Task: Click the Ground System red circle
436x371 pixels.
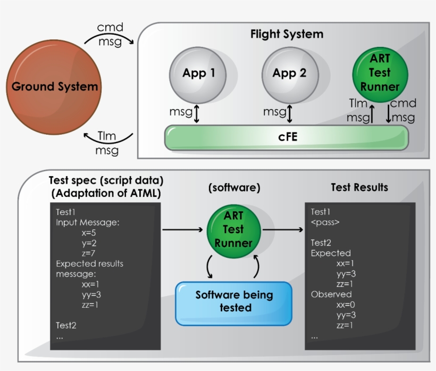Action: [55, 87]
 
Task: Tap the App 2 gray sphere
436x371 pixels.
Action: [289, 73]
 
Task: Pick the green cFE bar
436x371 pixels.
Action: [287, 137]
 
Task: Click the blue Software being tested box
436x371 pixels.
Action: [234, 302]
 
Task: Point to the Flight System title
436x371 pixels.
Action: [287, 35]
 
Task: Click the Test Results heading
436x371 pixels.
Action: [359, 187]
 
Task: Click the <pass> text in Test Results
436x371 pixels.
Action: [325, 222]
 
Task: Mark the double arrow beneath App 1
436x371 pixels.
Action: [197, 113]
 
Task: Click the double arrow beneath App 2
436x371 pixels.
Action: [289, 113]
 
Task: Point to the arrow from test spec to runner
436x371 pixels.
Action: [183, 229]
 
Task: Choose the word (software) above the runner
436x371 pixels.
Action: [233, 188]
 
